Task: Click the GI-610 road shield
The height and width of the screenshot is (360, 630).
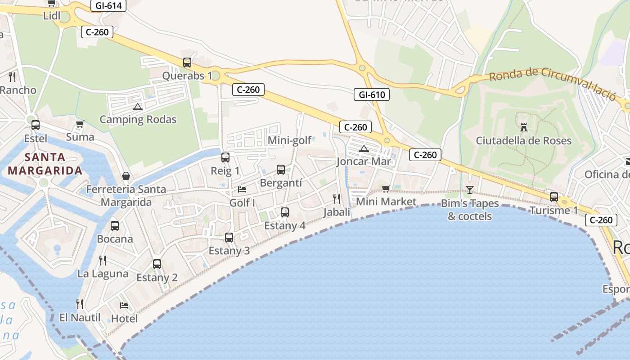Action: tap(371, 94)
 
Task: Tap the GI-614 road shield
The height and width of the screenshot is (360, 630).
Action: tap(108, 5)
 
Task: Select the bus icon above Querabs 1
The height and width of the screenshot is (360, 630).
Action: tap(187, 63)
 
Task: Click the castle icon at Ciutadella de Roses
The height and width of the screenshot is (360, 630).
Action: tap(523, 127)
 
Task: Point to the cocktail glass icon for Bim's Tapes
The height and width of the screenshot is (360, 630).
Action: tap(470, 189)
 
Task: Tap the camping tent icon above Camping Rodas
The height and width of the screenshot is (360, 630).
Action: tap(137, 107)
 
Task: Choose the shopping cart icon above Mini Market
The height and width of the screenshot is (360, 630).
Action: tap(386, 189)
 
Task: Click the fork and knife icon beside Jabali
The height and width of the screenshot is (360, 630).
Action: tap(336, 198)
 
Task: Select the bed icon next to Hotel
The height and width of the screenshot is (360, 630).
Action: tap(124, 306)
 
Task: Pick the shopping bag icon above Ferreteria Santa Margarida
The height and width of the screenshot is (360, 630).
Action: tap(126, 176)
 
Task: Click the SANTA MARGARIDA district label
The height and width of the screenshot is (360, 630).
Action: tap(45, 164)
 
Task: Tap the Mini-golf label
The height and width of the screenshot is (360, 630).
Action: tap(289, 140)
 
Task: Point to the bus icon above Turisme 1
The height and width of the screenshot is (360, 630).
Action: tap(553, 197)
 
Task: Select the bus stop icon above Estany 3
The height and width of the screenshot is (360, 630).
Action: tap(229, 237)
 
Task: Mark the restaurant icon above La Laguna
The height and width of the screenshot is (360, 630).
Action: tap(103, 260)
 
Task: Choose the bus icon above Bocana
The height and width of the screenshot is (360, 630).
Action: tap(115, 226)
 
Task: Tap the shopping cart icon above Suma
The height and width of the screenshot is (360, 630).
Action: tap(80, 124)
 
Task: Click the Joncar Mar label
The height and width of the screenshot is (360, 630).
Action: tap(364, 162)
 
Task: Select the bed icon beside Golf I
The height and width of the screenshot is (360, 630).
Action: tap(242, 189)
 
